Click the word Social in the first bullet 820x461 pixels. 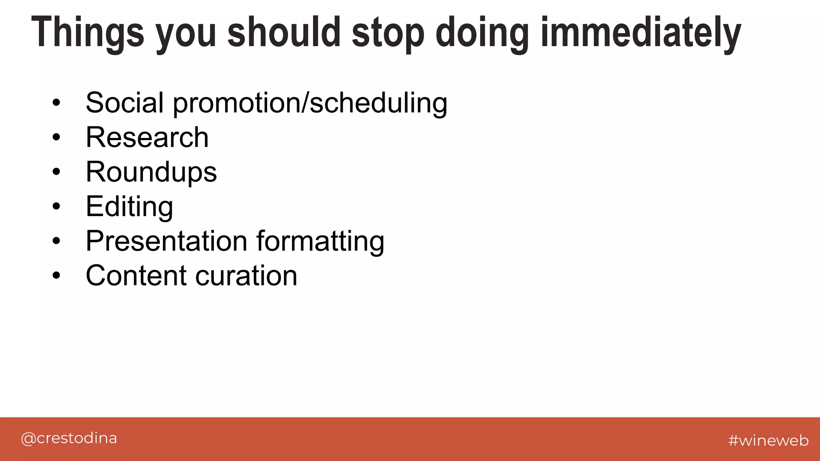coord(125,103)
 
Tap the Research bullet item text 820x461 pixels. coord(147,137)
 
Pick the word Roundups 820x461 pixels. coord(151,172)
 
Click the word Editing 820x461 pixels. coord(129,207)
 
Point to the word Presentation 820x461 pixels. coord(167,241)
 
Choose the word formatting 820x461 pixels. coord(320,241)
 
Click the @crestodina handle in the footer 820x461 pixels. coord(69,439)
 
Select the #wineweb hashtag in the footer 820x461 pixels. coord(768,440)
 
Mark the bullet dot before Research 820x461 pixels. coord(56,137)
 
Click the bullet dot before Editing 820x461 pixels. coord(56,206)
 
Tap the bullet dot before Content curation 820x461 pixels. coord(56,275)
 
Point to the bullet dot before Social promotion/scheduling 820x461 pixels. coord(56,103)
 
